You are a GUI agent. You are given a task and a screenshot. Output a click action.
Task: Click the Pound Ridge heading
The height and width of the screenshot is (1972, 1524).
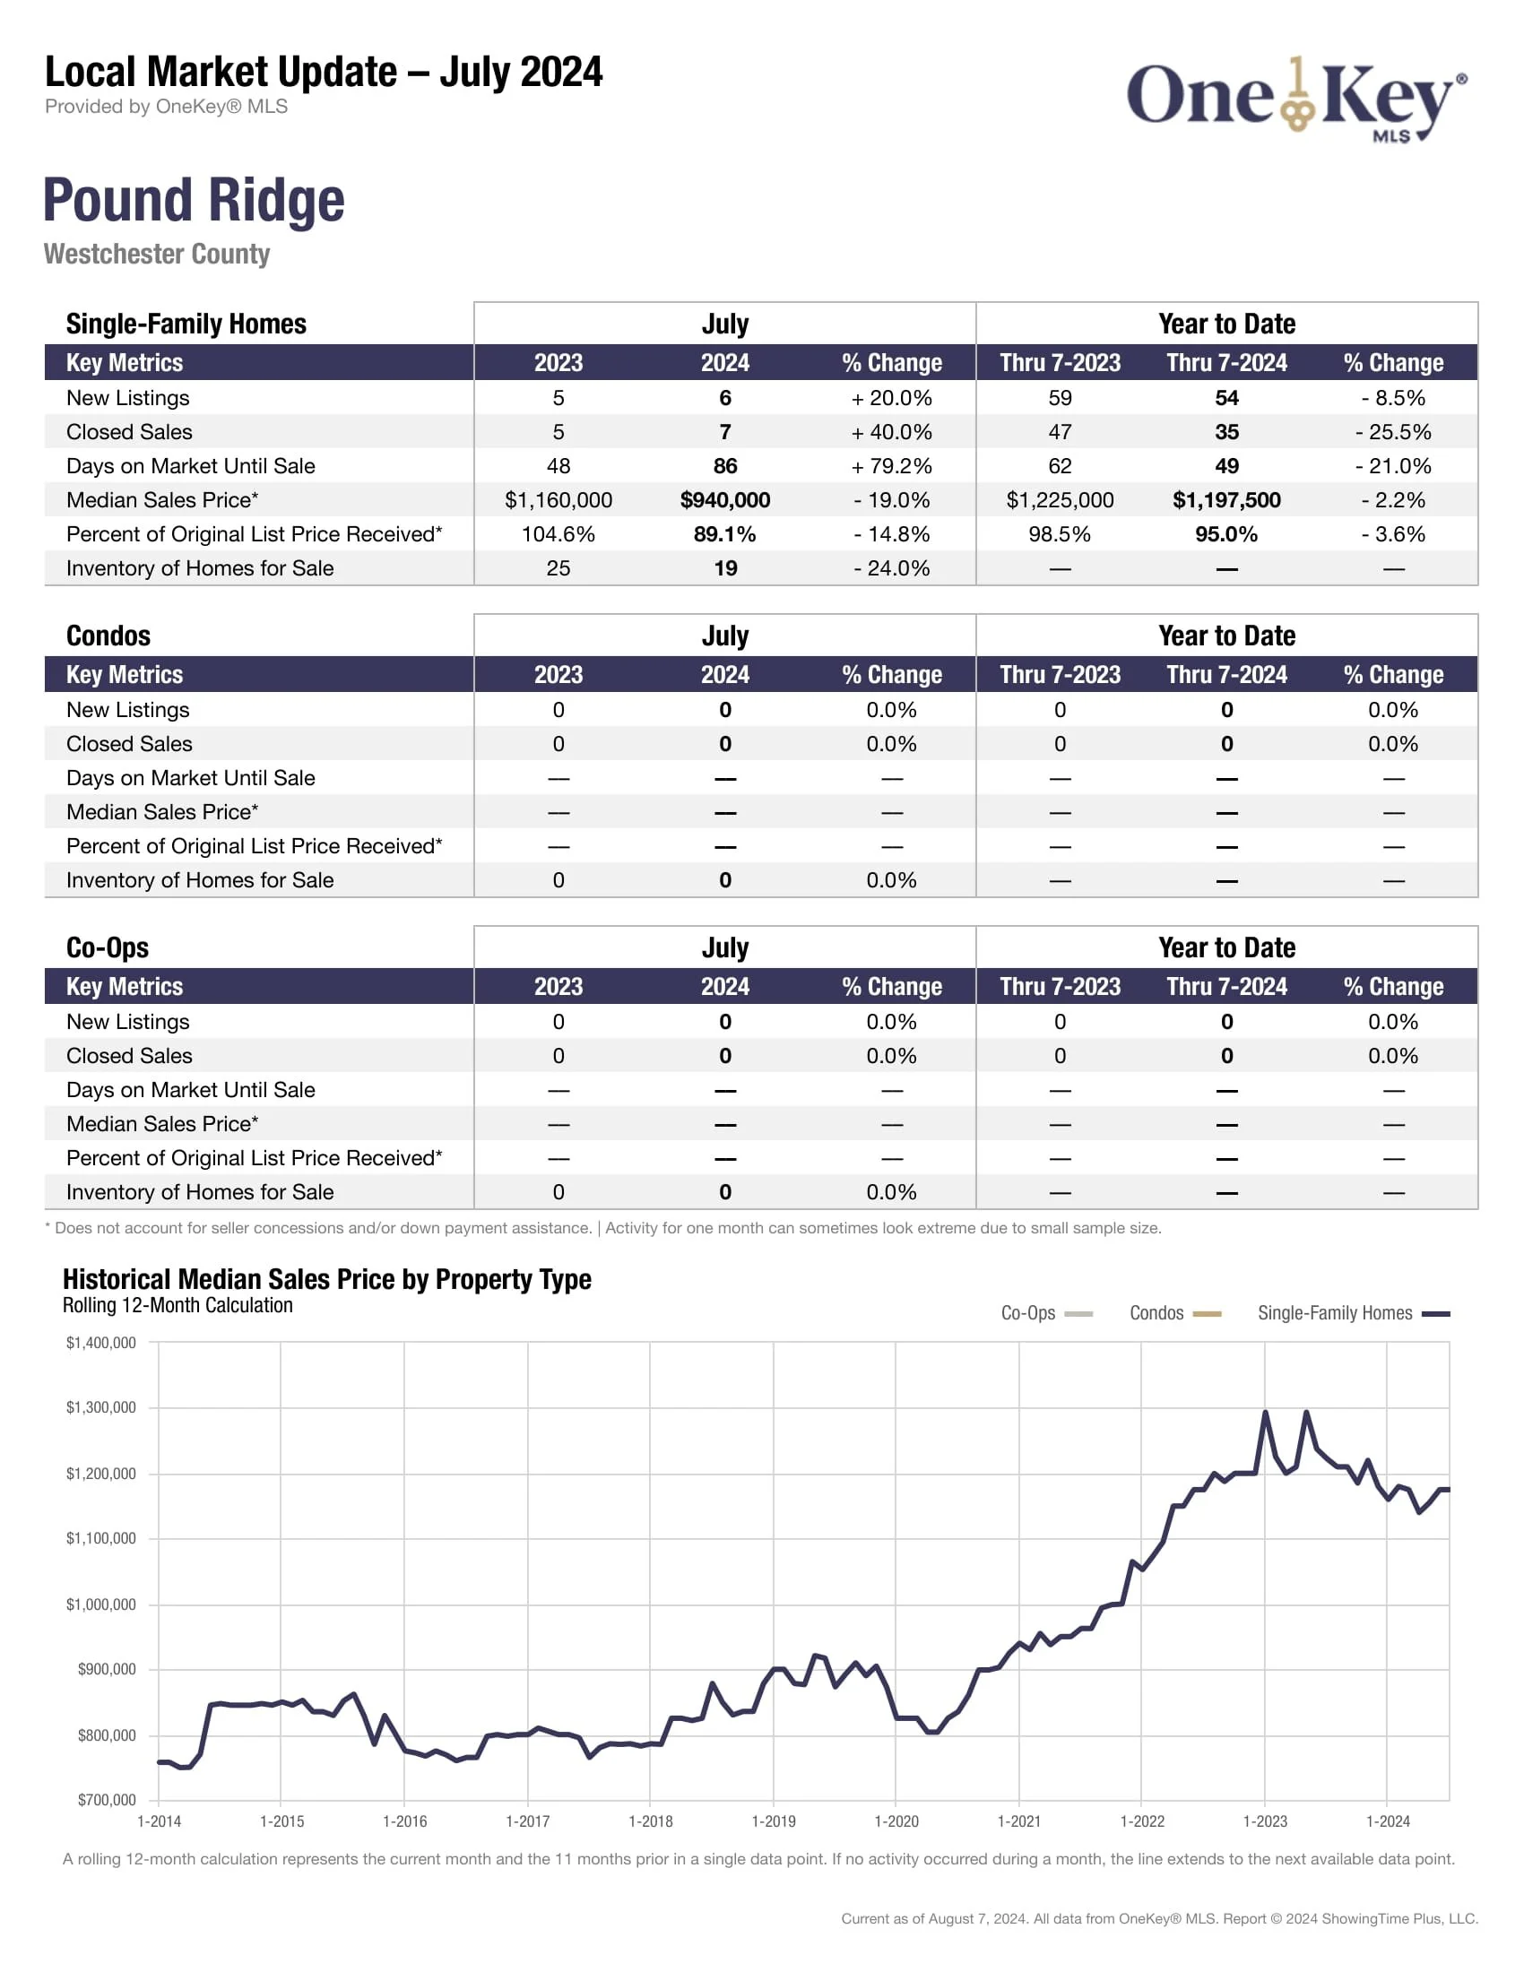tap(195, 200)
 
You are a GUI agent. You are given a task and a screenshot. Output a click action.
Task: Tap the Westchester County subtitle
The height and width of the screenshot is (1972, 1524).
tap(157, 255)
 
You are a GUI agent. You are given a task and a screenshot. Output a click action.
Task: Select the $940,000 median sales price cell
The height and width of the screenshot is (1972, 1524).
tap(725, 500)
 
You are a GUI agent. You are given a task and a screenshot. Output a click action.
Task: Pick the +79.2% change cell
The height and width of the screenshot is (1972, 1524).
tap(891, 466)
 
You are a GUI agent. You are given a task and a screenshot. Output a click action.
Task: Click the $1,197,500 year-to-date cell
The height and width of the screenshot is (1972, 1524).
tap(1226, 500)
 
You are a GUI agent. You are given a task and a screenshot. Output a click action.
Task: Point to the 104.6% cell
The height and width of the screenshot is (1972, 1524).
tap(558, 534)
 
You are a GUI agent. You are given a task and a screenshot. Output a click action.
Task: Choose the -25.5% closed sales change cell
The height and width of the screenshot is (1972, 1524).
tap(1393, 433)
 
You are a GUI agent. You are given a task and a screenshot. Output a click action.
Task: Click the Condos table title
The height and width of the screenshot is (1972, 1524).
tap(108, 636)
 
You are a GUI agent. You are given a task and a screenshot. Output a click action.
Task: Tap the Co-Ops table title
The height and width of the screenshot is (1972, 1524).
tap(108, 947)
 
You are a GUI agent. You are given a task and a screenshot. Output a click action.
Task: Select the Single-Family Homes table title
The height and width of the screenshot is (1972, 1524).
tap(186, 324)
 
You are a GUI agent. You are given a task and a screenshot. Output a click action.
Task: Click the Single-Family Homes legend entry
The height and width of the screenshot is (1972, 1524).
tap(1353, 1314)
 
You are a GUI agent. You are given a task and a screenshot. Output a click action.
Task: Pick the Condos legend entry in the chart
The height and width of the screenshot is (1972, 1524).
tap(1174, 1314)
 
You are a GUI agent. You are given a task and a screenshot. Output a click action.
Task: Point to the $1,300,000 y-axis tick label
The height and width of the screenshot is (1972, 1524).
tap(101, 1407)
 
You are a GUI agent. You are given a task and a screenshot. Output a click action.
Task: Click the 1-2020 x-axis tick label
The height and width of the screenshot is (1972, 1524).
tap(896, 1821)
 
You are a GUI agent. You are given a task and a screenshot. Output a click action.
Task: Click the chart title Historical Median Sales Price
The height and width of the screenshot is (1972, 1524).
tap(327, 1279)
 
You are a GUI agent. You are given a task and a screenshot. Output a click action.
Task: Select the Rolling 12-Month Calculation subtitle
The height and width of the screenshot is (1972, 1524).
tap(178, 1306)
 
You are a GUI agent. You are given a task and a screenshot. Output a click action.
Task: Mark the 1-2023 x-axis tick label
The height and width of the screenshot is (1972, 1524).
tap(1265, 1821)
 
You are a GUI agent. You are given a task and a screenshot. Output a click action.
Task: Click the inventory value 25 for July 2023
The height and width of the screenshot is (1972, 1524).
tap(558, 569)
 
